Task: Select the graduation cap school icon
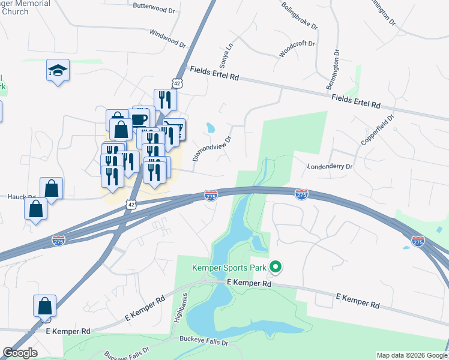click(58, 71)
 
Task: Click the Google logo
click(20, 353)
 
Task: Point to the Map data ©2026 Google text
click(411, 355)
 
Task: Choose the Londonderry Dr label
click(330, 166)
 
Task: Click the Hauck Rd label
click(22, 197)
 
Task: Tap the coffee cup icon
click(140, 118)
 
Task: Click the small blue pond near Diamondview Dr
click(210, 127)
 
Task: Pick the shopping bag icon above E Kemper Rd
click(45, 306)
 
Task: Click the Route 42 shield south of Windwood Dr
click(176, 82)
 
